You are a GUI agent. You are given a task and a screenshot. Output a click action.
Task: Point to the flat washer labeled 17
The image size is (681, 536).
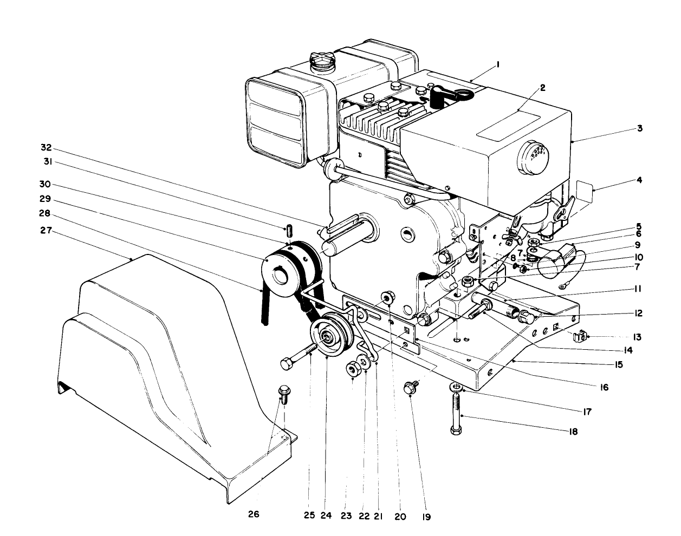tap(456, 388)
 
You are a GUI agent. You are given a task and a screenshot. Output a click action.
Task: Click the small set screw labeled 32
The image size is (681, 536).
tap(289, 231)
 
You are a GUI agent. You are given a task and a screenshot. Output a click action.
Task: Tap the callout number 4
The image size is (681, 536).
tap(639, 180)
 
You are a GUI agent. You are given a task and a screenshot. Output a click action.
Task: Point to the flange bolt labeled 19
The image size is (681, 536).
tap(410, 388)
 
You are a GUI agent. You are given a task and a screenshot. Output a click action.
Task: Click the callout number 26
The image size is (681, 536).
tap(254, 514)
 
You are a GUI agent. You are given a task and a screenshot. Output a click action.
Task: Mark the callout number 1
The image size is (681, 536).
tap(498, 64)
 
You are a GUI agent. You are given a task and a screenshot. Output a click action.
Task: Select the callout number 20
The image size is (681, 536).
tap(400, 516)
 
